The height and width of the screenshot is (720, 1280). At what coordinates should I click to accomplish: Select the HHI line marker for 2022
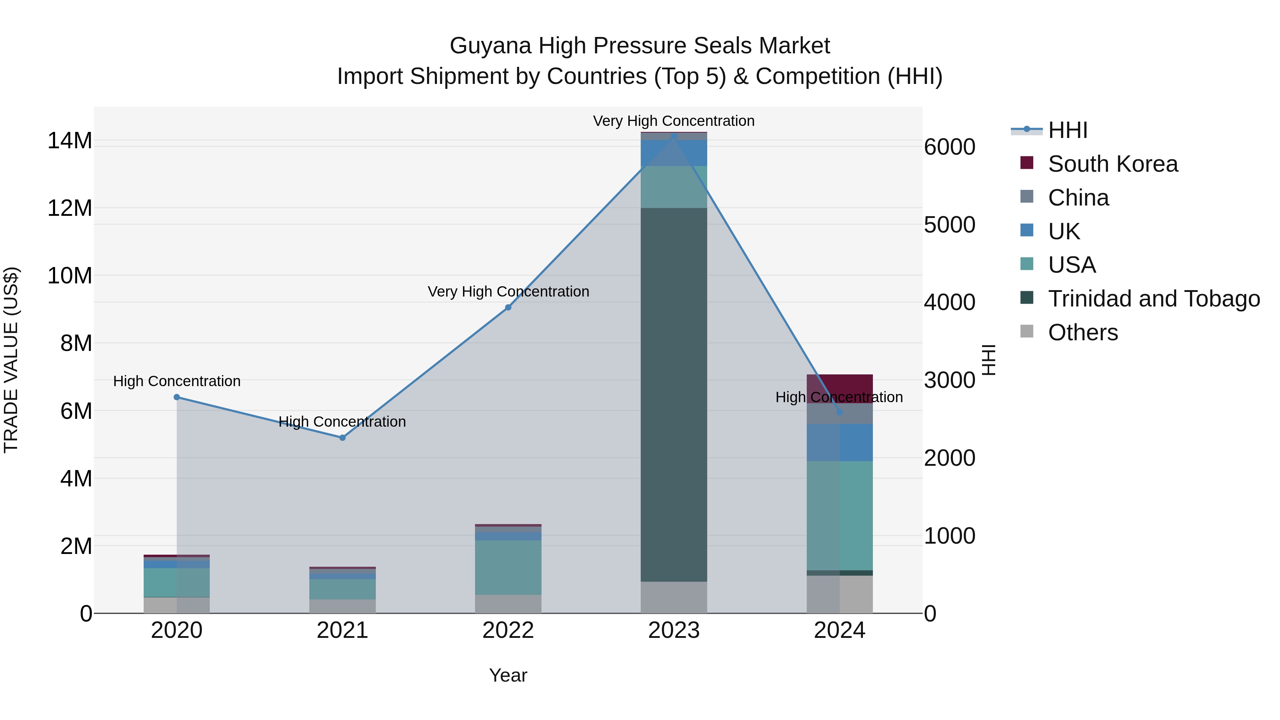click(x=508, y=307)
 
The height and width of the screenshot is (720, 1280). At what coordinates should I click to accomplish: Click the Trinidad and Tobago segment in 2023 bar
click(x=673, y=395)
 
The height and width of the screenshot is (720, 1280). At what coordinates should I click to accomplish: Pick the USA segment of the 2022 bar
click(x=508, y=567)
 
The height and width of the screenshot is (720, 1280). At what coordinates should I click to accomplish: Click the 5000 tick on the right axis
click(x=949, y=225)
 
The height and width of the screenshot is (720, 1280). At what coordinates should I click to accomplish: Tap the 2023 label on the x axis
click(x=673, y=630)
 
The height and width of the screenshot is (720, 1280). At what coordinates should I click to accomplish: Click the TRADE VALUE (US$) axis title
click(x=11, y=360)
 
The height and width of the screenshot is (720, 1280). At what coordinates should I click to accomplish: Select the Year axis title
click(x=508, y=675)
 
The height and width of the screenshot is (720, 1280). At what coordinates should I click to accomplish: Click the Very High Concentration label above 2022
click(x=508, y=291)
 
